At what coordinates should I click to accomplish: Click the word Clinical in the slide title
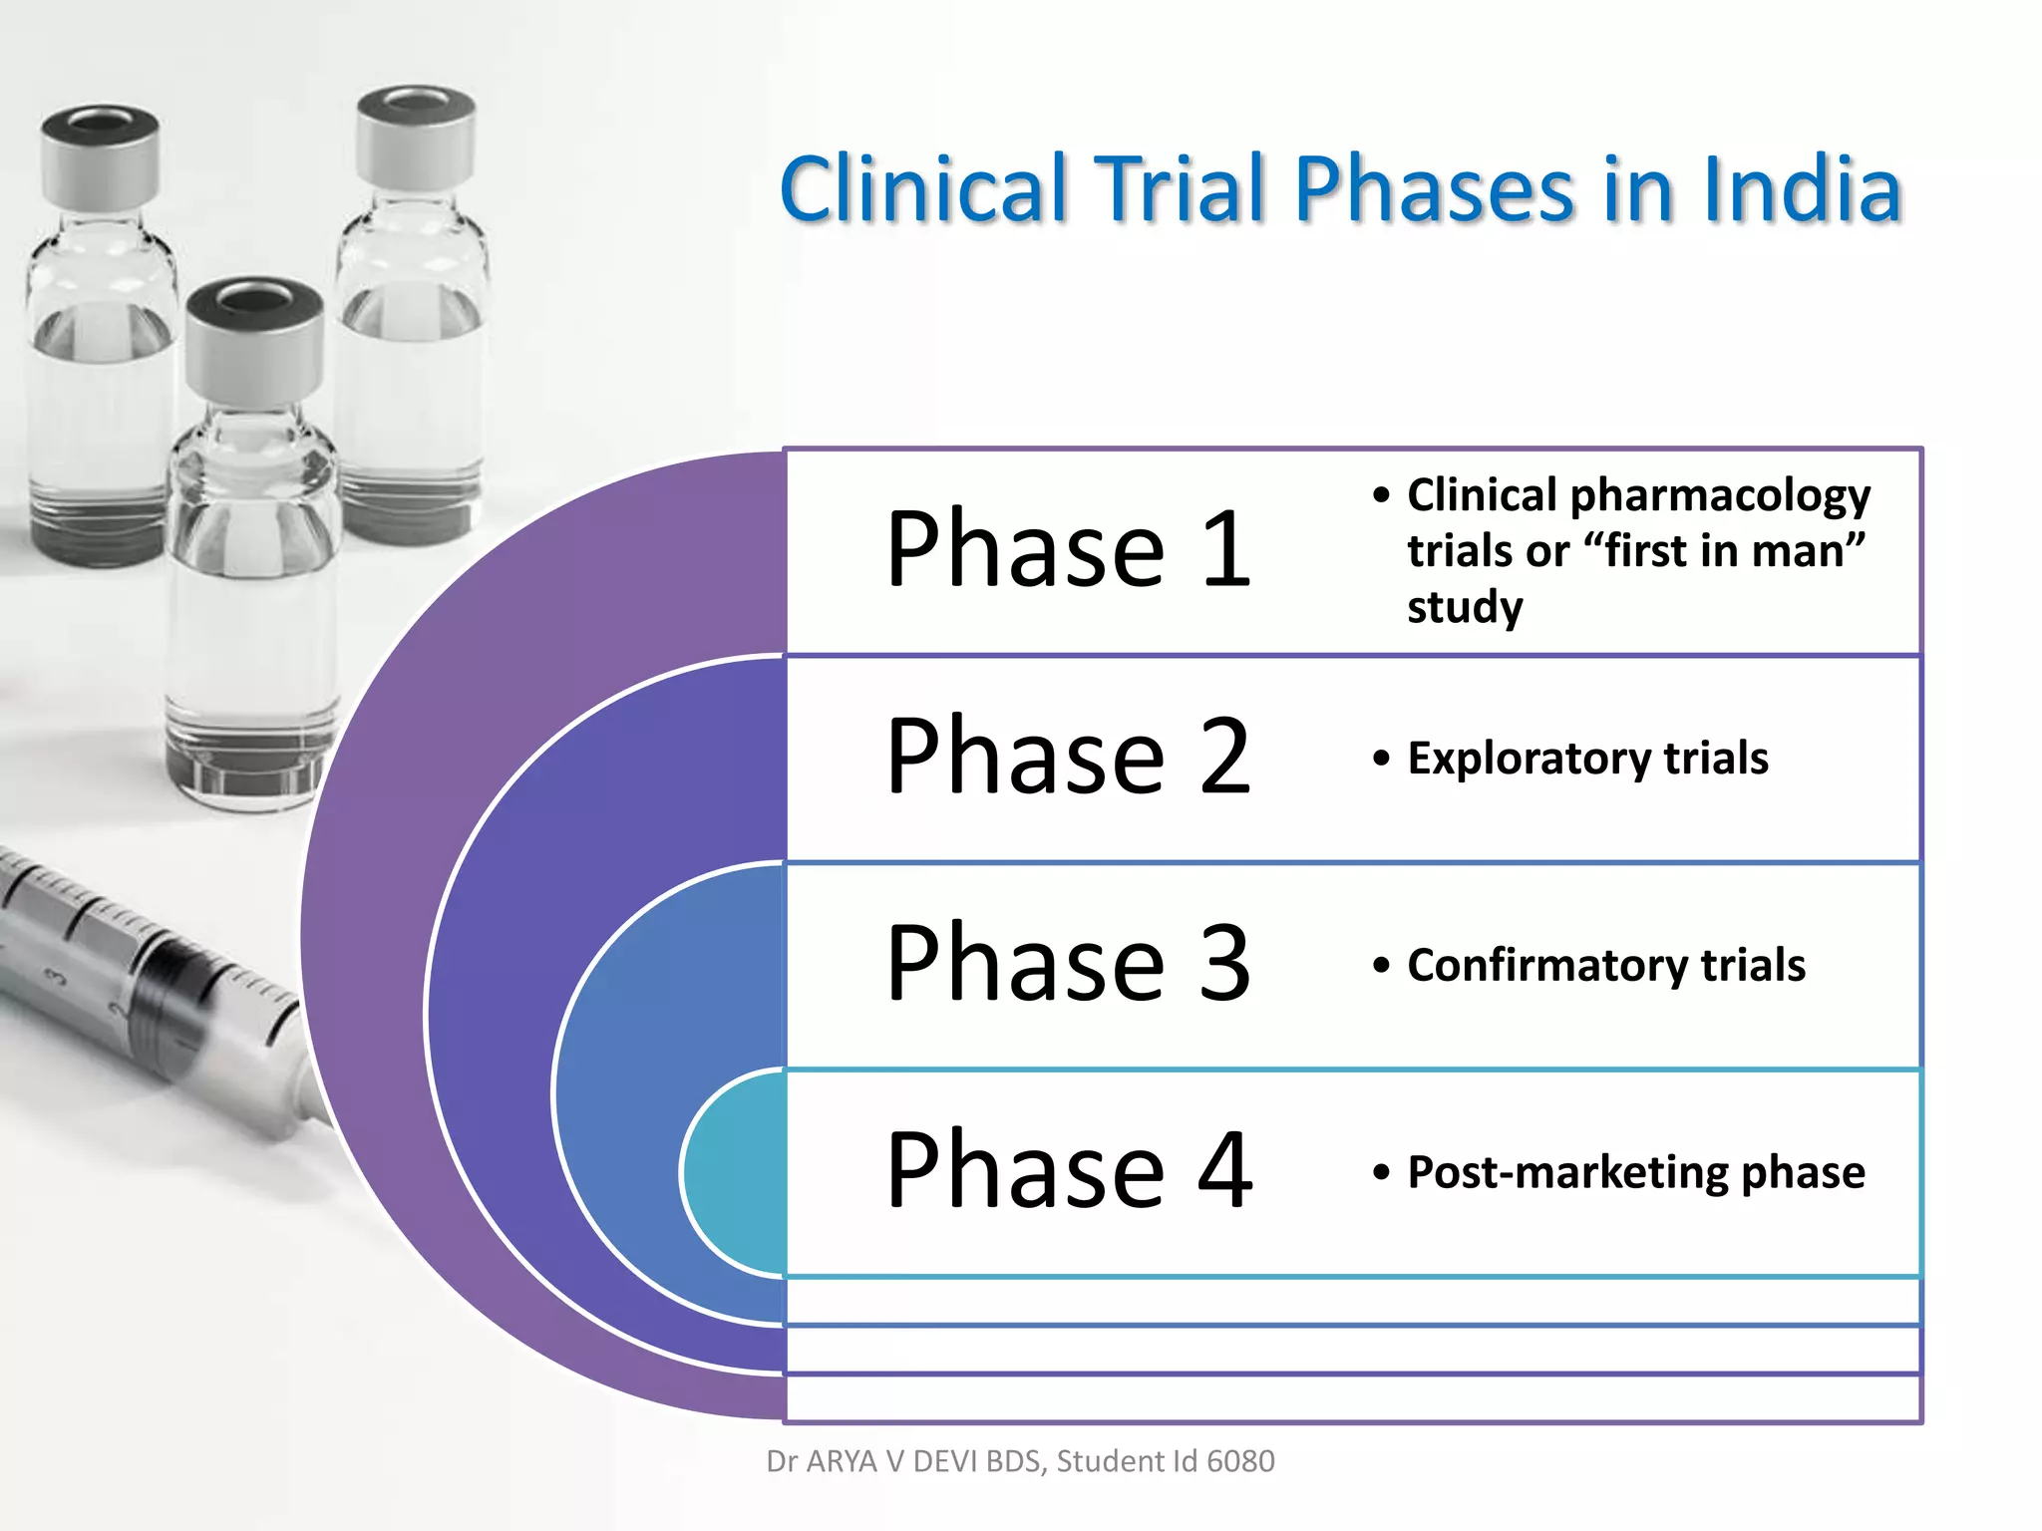923,189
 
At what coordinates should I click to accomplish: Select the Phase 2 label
1068,757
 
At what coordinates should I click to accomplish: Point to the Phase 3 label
1068,963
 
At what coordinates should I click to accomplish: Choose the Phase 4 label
1068,1170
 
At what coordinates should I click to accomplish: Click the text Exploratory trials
1587,759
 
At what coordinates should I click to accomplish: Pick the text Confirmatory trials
1605,965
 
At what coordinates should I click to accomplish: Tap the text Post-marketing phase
1635,1172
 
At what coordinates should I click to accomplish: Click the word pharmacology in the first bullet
1720,495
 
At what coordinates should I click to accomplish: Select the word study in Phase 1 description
1465,606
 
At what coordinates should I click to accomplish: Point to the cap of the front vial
254,339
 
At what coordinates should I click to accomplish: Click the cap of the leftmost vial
100,154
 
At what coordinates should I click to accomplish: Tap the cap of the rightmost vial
416,135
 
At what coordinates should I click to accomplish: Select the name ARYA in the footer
843,1461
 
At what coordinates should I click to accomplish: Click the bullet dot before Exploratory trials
1381,759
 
